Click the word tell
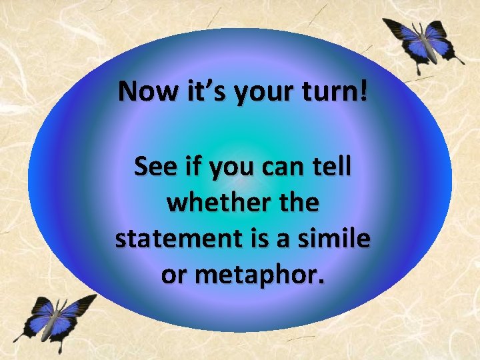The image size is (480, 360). tap(327, 167)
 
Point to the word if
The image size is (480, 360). tap(190, 167)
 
